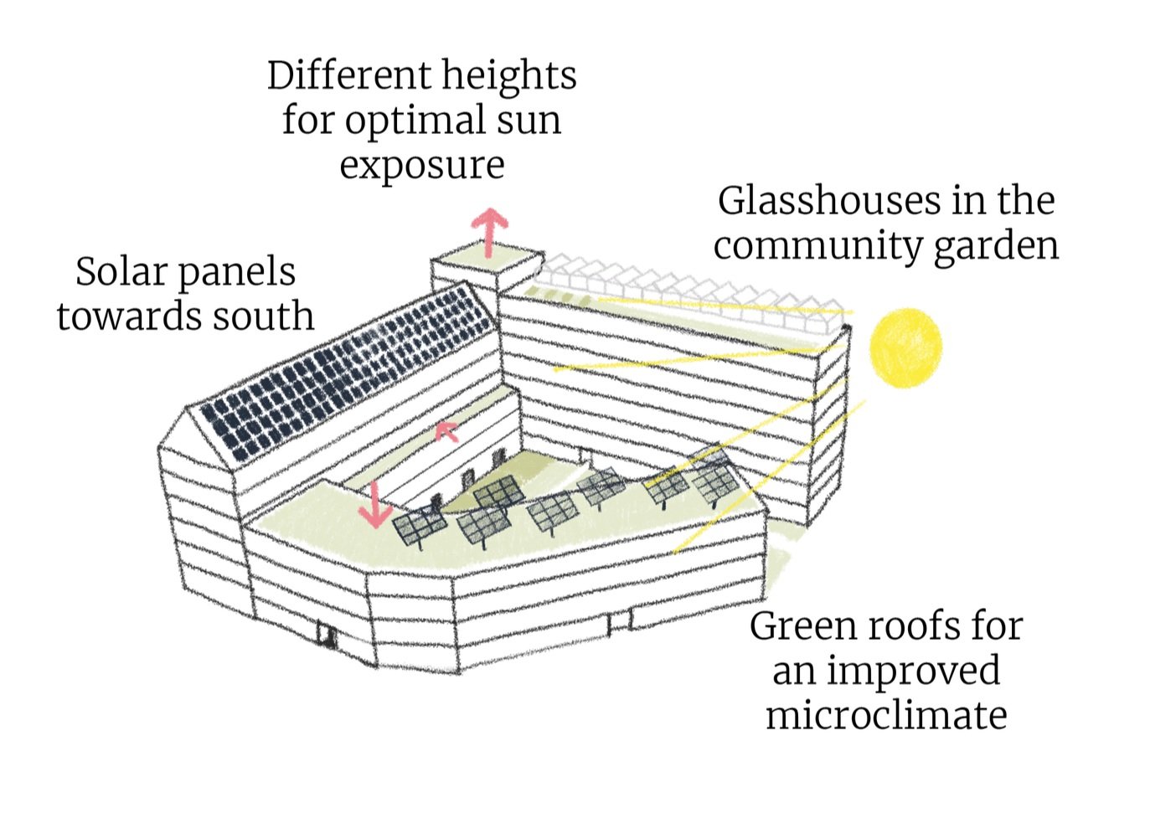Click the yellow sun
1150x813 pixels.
[x=905, y=347]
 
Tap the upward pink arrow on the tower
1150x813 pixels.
[x=489, y=230]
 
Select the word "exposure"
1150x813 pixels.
[x=421, y=165]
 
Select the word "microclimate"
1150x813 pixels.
[x=886, y=716]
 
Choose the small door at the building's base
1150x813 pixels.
[x=326, y=635]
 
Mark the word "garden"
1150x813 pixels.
[x=996, y=246]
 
